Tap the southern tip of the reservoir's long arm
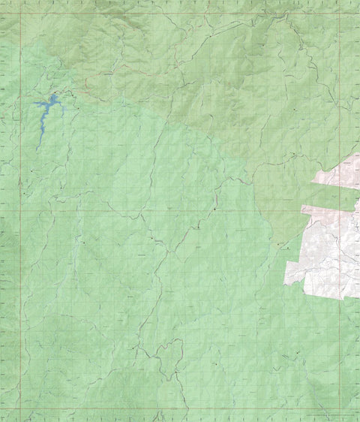(37, 149)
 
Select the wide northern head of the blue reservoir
(55, 99)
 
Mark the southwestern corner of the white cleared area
(285, 283)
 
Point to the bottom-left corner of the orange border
(20, 410)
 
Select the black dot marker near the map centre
(214, 209)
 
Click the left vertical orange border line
(20, 225)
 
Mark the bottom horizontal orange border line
(180, 410)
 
